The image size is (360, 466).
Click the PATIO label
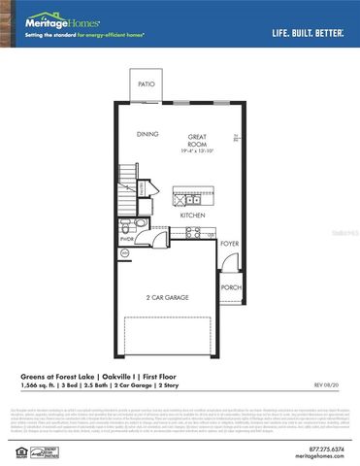(x=147, y=84)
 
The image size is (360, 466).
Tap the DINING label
(x=147, y=134)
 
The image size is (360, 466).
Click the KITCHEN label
(x=191, y=215)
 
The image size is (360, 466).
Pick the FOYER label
(x=229, y=244)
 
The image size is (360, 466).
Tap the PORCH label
(x=231, y=287)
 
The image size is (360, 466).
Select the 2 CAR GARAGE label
(x=167, y=297)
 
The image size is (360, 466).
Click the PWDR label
(x=127, y=237)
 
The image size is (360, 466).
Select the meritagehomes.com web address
(x=324, y=457)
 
